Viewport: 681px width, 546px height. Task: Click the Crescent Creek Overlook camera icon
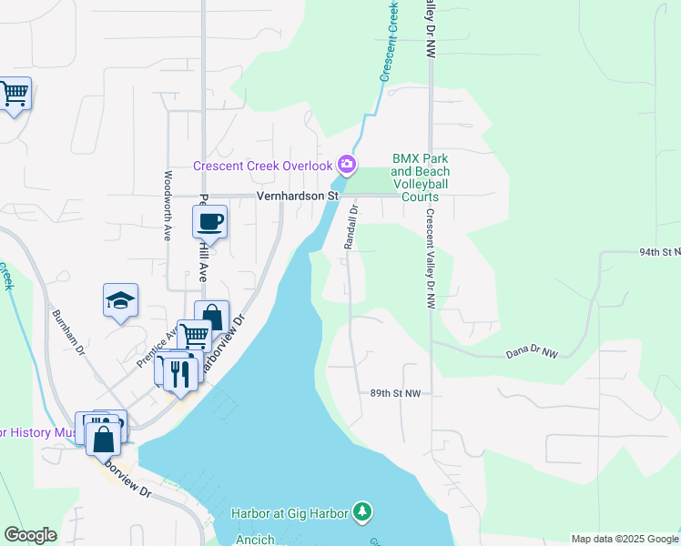pos(347,165)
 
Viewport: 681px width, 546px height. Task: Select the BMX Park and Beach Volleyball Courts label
pos(421,177)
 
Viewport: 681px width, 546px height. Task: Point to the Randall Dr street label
pos(351,227)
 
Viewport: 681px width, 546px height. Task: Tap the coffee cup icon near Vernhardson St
pos(210,222)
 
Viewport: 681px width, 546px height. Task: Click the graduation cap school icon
pos(119,301)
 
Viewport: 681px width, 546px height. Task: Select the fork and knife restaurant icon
pos(180,372)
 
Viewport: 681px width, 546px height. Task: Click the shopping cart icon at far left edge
pos(14,92)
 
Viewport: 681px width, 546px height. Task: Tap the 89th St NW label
pos(395,393)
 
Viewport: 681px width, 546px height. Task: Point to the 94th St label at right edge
pos(659,251)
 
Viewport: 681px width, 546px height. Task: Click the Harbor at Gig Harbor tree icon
pos(363,512)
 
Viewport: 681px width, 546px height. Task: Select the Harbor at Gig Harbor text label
pos(289,514)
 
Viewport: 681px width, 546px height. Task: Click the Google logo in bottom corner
pos(30,535)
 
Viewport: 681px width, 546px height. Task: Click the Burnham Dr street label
pos(69,331)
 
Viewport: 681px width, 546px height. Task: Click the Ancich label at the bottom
pos(255,540)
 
